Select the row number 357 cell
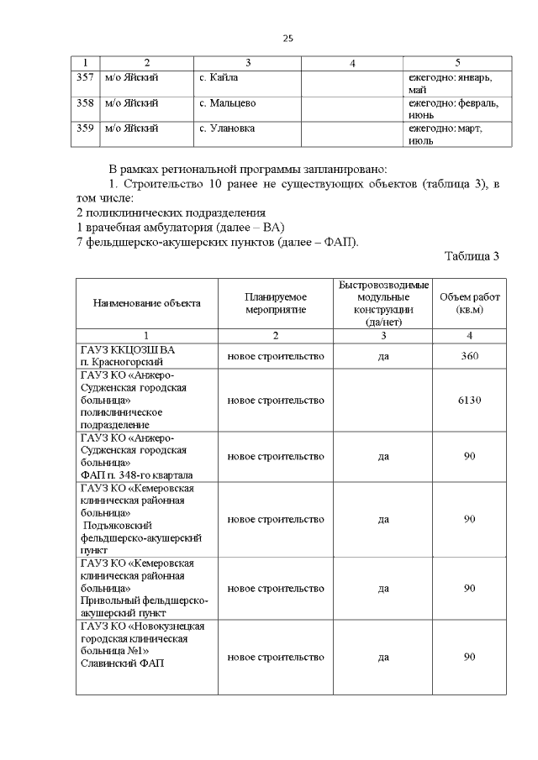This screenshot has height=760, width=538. (84, 78)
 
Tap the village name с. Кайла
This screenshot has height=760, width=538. (219, 78)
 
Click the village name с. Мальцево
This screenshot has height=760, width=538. (228, 103)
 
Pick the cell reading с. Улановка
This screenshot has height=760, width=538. (228, 128)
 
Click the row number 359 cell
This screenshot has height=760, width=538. (84, 128)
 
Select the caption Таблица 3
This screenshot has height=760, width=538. (472, 256)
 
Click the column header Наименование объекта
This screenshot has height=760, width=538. (146, 303)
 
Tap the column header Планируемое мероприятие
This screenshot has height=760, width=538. (276, 303)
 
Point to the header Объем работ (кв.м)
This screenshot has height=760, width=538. (469, 303)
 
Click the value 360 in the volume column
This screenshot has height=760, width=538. (469, 356)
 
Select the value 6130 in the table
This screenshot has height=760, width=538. (469, 400)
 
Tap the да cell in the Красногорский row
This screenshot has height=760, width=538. (383, 356)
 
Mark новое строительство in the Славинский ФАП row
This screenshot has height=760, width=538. (276, 658)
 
